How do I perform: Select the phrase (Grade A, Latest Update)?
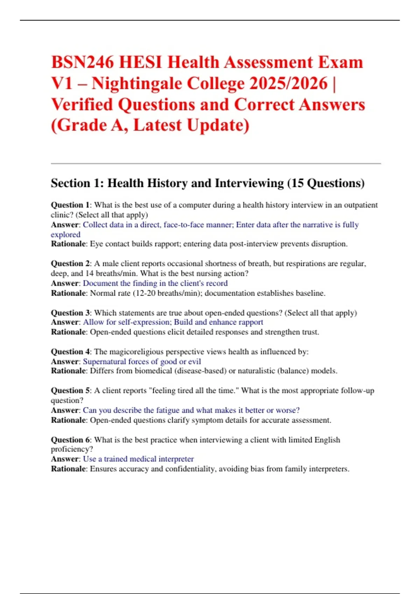(150, 125)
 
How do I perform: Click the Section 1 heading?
(208, 183)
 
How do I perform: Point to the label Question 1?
(70, 205)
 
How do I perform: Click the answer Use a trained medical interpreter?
(138, 459)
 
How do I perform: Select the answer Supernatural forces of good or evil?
(142, 362)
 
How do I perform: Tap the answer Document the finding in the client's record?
(155, 283)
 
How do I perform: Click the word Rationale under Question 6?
(68, 469)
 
